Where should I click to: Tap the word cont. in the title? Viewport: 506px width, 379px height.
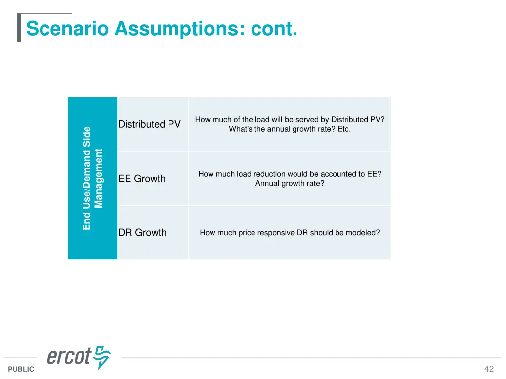[274, 28]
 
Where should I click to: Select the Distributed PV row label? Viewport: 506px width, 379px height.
[149, 124]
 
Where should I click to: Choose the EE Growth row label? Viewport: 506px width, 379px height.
[142, 179]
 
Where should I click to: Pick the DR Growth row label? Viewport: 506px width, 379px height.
[142, 233]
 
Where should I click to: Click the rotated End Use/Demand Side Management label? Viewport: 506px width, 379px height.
[92, 178]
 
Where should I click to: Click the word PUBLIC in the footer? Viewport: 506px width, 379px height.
[21, 369]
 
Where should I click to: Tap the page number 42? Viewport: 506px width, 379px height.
[489, 369]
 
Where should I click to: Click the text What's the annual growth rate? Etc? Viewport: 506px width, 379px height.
[290, 129]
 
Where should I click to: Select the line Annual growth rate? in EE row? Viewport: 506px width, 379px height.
[290, 184]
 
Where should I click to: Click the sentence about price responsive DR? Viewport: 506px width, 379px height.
[290, 233]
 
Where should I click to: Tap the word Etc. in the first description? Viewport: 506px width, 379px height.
[343, 129]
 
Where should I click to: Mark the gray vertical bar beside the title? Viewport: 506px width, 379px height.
[19, 28]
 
